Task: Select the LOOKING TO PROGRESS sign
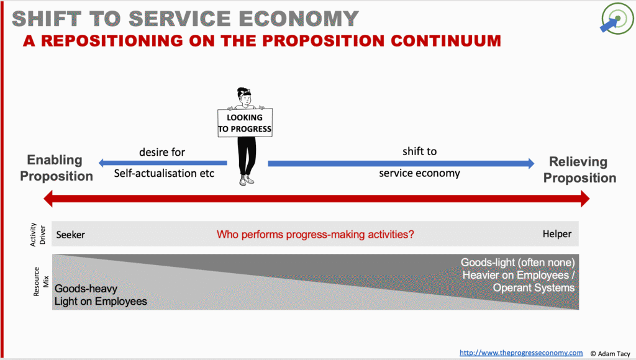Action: pyautogui.click(x=245, y=123)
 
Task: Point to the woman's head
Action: pyautogui.click(x=245, y=96)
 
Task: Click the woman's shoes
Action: pyautogui.click(x=246, y=180)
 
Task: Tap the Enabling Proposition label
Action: pyautogui.click(x=56, y=168)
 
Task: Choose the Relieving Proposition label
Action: pyautogui.click(x=579, y=169)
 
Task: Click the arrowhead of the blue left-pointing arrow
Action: pyautogui.click(x=102, y=163)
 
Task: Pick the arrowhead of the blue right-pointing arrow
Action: pyautogui.click(x=531, y=163)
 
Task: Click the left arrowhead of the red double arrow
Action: pyautogui.click(x=48, y=199)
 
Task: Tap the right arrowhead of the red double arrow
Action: pyautogui.click(x=585, y=199)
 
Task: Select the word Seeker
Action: pyautogui.click(x=71, y=235)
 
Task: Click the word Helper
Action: pyautogui.click(x=557, y=234)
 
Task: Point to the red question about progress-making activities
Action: pyautogui.click(x=315, y=235)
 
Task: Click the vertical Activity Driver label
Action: pyautogui.click(x=38, y=235)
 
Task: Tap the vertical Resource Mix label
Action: pyautogui.click(x=41, y=282)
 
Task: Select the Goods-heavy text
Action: pyautogui.click(x=86, y=289)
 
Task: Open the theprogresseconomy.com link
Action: pyautogui.click(x=521, y=353)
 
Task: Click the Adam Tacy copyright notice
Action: pyautogui.click(x=610, y=354)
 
